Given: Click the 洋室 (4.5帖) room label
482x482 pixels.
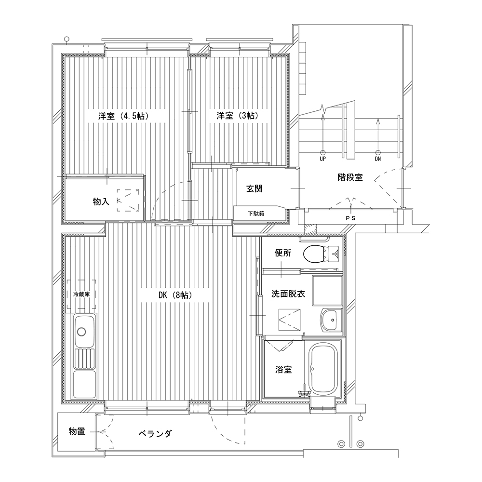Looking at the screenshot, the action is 123,116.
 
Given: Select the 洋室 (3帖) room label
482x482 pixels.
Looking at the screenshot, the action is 237,116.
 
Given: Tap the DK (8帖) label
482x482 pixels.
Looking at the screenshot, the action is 175,295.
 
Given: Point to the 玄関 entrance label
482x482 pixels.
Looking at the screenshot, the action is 254,188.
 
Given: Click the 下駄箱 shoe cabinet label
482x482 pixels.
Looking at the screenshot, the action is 256,214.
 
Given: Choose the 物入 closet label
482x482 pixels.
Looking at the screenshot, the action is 101,201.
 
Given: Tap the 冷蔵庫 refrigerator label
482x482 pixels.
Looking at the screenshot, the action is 81,294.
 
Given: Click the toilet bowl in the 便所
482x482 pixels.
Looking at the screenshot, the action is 314,254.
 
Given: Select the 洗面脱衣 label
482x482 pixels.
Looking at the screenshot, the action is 288,294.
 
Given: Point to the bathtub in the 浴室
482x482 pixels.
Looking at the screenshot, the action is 323,369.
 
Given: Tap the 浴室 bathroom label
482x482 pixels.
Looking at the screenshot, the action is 283,370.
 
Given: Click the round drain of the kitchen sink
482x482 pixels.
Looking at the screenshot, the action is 82,332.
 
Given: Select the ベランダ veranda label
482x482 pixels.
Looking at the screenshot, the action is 155,434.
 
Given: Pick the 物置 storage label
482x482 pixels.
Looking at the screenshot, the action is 77,431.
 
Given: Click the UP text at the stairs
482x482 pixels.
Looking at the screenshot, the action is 323,159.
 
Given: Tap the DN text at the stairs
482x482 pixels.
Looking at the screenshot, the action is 378,159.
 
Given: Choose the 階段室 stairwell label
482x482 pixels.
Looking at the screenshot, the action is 350,177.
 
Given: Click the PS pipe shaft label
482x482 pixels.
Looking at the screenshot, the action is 350,218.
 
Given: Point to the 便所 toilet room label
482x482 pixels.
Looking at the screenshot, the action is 283,253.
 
